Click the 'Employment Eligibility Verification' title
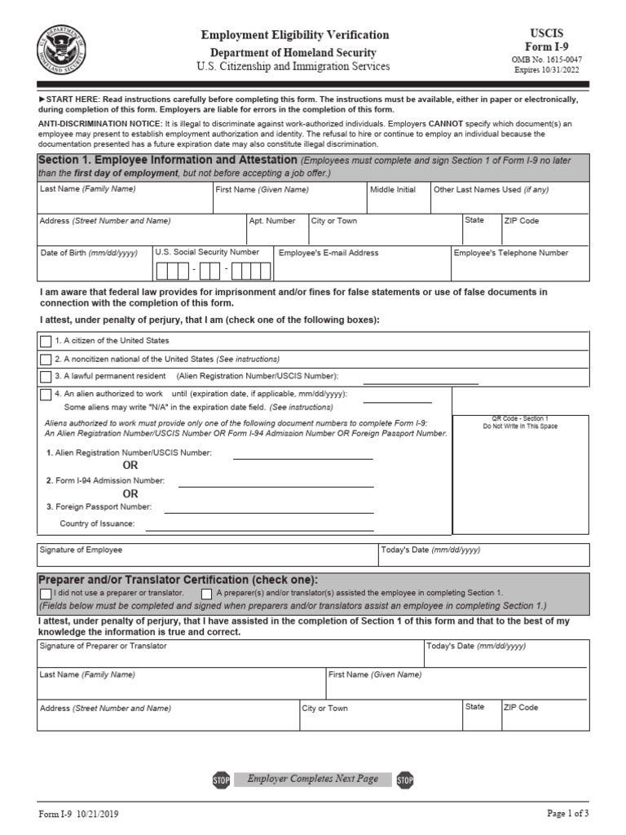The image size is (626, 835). [x=295, y=35]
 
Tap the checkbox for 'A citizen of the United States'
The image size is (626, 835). [x=46, y=341]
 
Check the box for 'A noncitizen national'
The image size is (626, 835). [x=46, y=359]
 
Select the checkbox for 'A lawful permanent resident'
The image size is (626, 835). [x=46, y=377]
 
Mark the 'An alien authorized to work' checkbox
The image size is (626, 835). [x=46, y=395]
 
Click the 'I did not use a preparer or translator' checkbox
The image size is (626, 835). [x=45, y=593]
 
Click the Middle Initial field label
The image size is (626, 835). [x=392, y=189]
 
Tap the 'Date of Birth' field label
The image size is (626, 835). [x=89, y=253]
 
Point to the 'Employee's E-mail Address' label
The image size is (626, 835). [x=328, y=253]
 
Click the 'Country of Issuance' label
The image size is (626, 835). [x=97, y=524]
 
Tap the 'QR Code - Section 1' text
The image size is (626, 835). [x=520, y=418]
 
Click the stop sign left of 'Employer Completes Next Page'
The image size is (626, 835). [x=220, y=780]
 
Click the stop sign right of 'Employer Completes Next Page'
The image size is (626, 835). [x=405, y=780]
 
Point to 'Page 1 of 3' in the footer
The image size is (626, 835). [x=566, y=814]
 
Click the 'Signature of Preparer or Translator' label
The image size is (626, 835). [x=103, y=645]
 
